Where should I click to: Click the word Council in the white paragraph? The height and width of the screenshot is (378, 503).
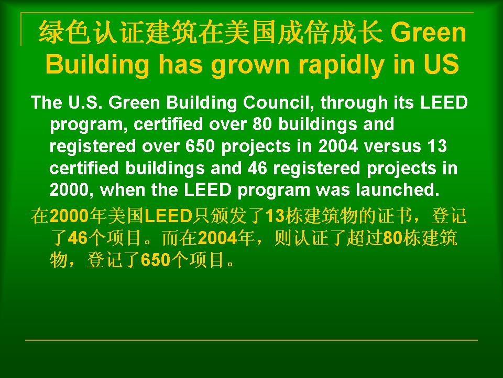278,103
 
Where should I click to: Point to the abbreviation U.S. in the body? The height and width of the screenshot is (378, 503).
85,103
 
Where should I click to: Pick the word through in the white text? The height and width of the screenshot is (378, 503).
354,103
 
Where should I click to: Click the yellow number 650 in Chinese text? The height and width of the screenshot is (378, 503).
155,259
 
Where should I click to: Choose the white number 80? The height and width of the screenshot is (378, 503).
263,124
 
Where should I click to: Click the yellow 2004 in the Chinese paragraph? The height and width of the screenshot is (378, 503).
217,238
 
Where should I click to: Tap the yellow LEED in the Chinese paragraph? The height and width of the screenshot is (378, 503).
168,216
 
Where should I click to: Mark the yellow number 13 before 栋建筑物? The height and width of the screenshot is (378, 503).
275,216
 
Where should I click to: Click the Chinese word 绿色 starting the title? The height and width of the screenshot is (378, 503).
64,32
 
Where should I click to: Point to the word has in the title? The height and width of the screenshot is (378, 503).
181,64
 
